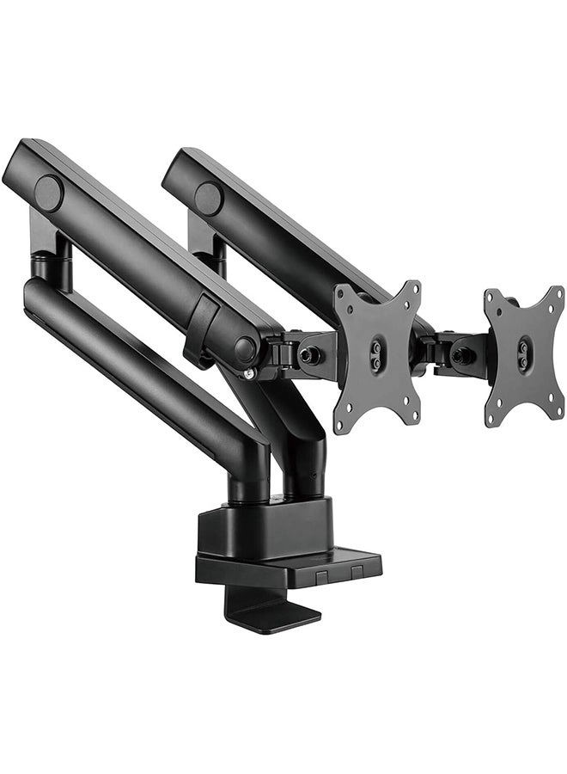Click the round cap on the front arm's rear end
[x=49, y=193]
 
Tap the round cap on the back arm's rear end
[x=208, y=199]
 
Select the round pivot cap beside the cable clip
[x=245, y=349]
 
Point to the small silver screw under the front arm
[x=249, y=372]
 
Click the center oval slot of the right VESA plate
[x=522, y=352]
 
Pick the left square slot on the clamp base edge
[x=320, y=574]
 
